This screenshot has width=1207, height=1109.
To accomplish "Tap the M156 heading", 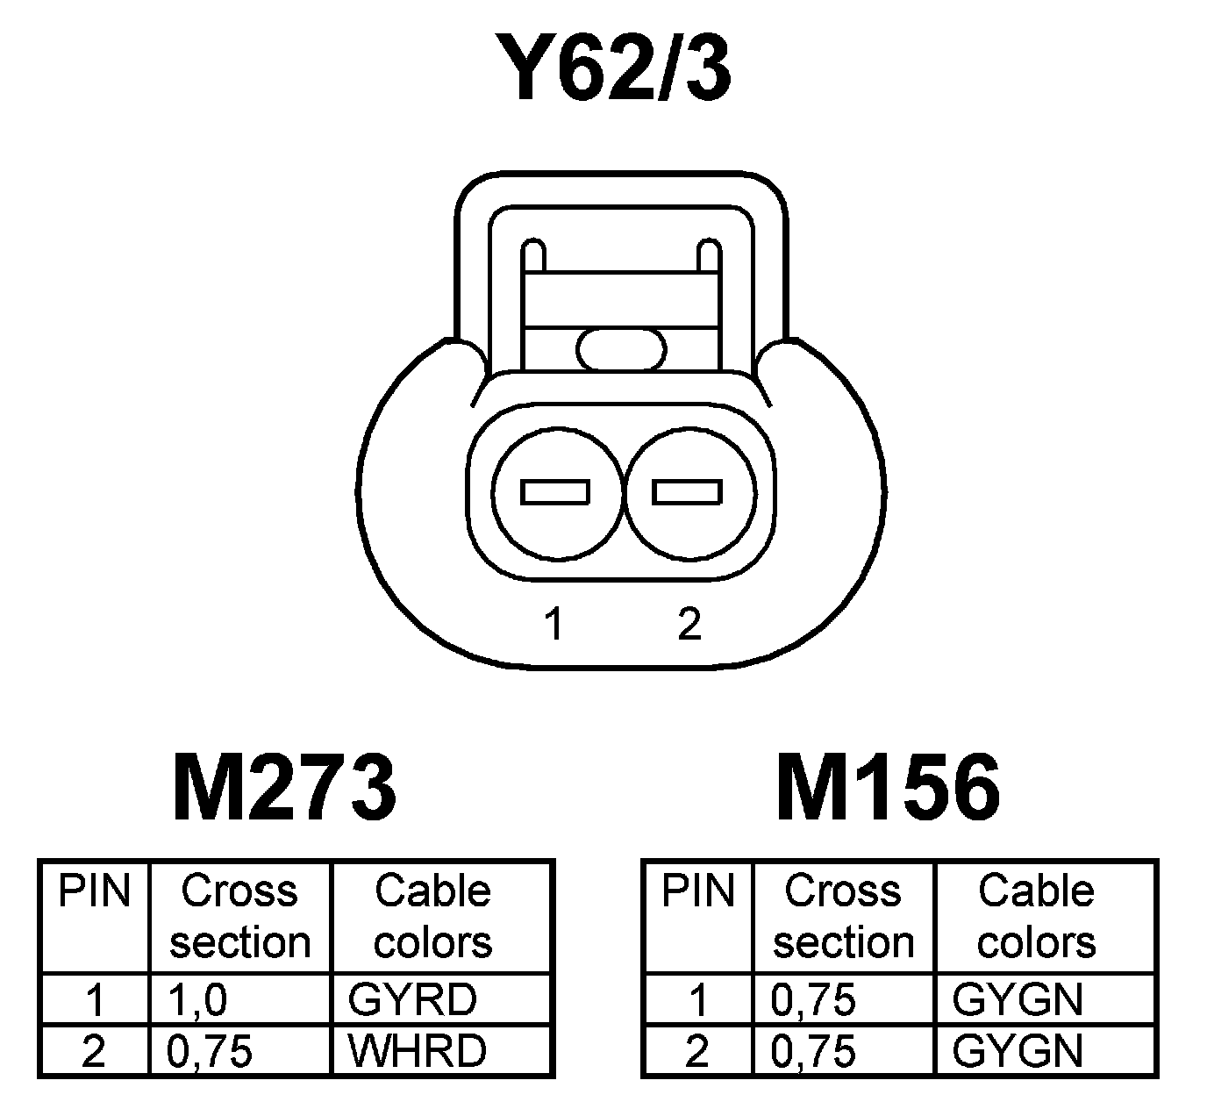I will point(888,787).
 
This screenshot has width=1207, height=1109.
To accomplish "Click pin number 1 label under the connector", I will point(554,624).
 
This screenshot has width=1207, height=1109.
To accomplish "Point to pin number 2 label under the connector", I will point(689,624).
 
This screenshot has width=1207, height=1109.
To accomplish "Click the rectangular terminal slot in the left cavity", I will point(554,492).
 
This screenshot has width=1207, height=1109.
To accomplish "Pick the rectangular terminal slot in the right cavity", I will point(687,492).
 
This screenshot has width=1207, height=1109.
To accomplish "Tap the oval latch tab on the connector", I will point(621,349).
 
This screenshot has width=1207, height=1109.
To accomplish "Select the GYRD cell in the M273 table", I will point(412,999).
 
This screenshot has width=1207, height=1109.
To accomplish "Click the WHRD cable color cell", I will point(417,1051).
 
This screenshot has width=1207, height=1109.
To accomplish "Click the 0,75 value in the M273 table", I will point(209,1051).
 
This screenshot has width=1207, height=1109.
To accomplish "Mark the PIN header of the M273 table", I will point(94,891).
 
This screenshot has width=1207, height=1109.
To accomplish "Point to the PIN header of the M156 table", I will point(697,891).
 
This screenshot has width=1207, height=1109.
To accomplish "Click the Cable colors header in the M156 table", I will point(1036,916).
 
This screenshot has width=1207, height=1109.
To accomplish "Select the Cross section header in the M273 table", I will point(239,916).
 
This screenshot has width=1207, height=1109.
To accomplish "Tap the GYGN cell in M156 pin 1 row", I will point(1018,999).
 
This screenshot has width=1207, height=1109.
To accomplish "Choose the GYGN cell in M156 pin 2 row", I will point(1018,1051).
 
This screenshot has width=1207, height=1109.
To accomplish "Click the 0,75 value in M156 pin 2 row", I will point(813,1051).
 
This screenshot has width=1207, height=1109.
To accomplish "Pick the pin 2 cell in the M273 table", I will point(93,1051).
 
